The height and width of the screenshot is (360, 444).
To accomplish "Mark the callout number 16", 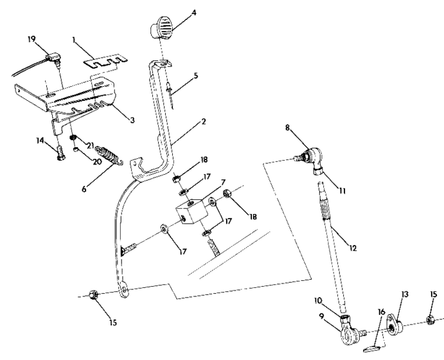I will tap(381, 312).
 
